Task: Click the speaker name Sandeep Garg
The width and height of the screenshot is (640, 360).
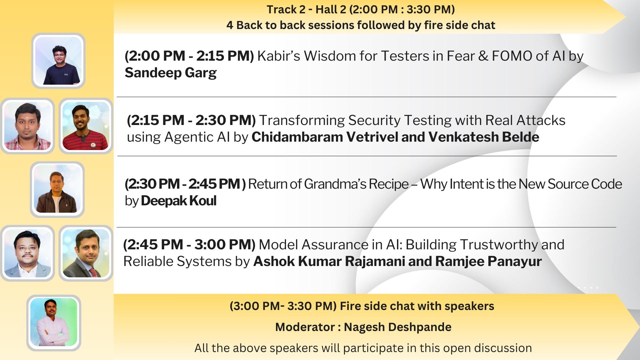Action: (171, 73)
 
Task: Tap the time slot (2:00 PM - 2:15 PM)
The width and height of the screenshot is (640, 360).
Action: (189, 56)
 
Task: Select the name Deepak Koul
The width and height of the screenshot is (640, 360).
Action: (179, 201)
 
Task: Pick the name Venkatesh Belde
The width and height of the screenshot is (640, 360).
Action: (484, 137)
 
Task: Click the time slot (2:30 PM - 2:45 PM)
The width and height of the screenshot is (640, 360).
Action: (185, 184)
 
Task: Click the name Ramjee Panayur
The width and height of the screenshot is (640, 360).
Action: (488, 262)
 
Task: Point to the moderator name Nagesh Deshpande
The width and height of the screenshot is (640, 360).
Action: (398, 327)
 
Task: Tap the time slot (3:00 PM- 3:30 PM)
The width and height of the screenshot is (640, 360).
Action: (283, 306)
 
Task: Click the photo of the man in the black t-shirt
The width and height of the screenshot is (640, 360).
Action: (58, 61)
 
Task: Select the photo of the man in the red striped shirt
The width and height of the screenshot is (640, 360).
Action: (86, 126)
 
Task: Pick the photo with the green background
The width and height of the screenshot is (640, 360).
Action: (54, 322)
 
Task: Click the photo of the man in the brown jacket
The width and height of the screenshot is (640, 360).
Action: (57, 189)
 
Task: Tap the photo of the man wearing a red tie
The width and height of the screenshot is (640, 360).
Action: (86, 253)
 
